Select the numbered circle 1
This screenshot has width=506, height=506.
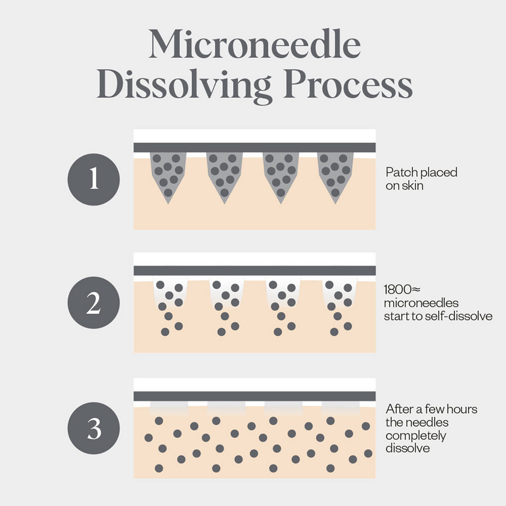(94, 179)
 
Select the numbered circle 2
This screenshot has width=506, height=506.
(94, 303)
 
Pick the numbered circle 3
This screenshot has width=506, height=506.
(94, 428)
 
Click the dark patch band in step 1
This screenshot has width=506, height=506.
(254, 147)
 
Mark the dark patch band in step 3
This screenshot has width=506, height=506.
(254, 396)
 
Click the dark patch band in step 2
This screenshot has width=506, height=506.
(254, 270)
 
